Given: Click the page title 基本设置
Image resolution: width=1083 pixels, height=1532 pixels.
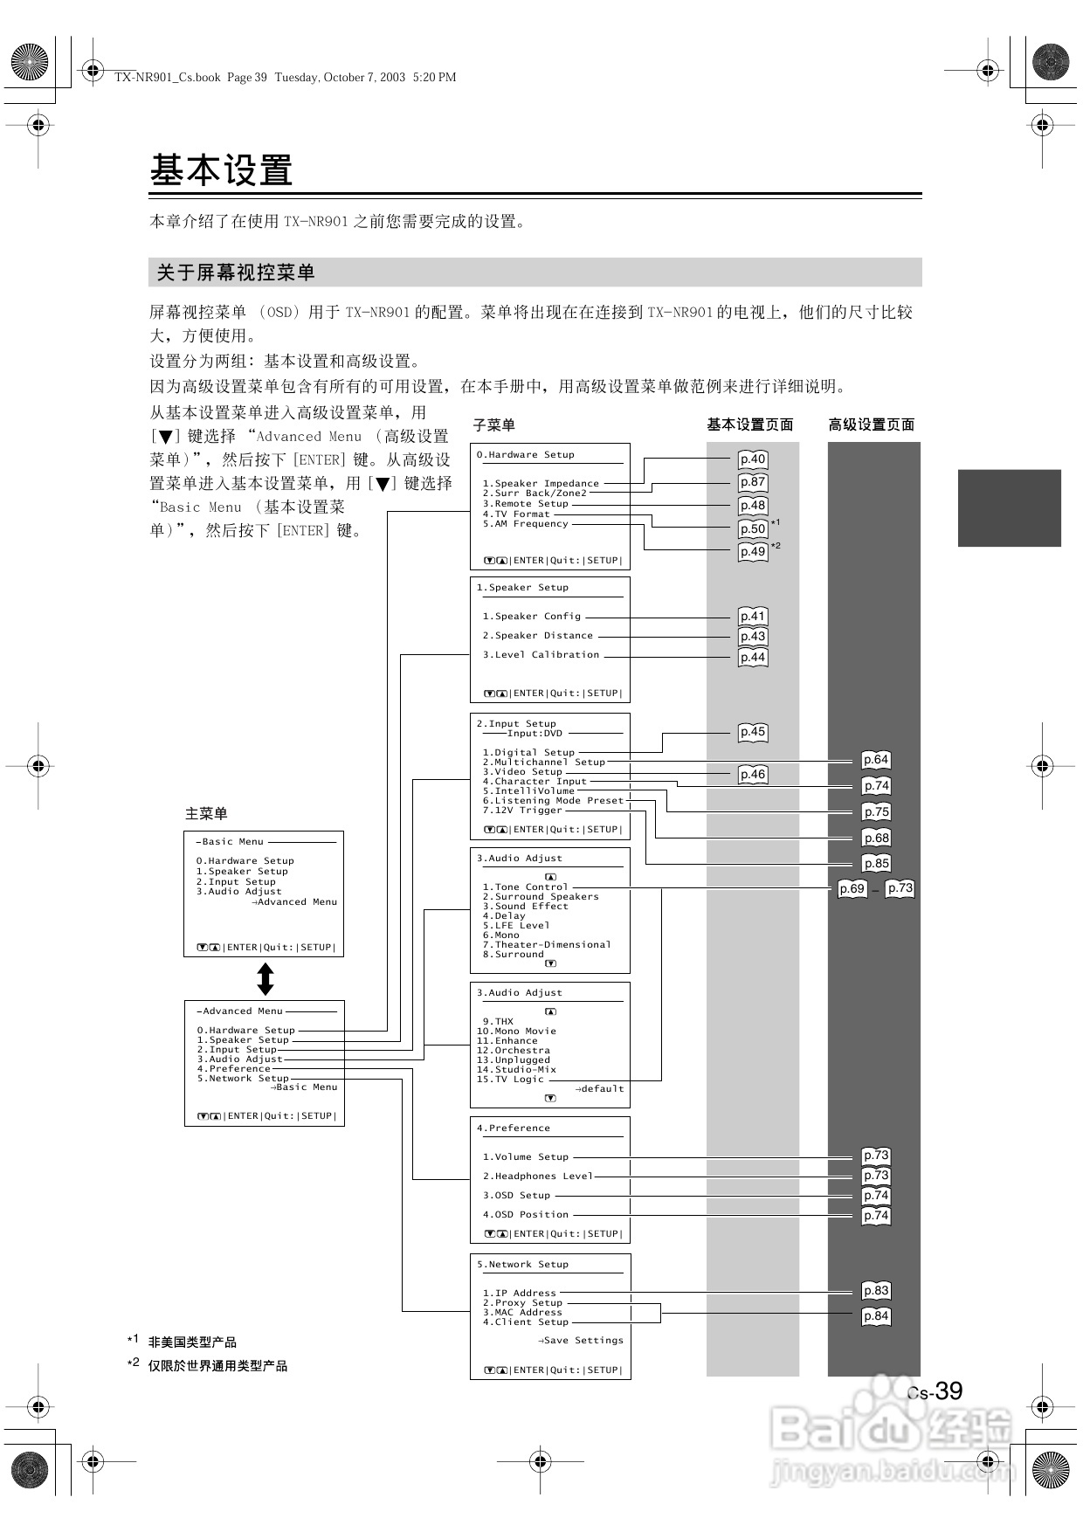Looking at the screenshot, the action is [221, 170].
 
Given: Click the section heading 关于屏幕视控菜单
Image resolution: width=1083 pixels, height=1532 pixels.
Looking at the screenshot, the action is [236, 273].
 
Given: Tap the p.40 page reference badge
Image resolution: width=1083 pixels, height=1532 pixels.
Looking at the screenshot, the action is [752, 459].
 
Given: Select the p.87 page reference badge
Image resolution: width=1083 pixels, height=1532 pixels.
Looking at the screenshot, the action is [752, 482].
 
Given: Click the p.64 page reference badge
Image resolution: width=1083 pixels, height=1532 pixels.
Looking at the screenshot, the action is [875, 760].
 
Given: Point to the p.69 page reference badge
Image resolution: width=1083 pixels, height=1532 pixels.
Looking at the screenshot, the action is [852, 889].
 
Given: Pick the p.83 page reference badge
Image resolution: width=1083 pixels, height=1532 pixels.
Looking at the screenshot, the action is [875, 1291].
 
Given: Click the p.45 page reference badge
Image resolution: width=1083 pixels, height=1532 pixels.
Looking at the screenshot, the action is [752, 732].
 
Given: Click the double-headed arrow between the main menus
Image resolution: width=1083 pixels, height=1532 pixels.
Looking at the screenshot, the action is [266, 979].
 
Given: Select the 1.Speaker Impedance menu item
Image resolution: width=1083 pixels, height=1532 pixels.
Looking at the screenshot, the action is [541, 483].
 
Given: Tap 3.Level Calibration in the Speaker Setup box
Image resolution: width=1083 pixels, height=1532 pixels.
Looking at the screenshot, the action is [541, 655].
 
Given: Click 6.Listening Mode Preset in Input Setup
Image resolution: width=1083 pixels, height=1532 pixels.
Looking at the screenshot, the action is [554, 801].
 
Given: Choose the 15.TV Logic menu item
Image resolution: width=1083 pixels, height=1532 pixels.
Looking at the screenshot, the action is [510, 1080].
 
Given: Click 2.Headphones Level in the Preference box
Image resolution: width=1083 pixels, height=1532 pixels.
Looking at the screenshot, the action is [538, 1177].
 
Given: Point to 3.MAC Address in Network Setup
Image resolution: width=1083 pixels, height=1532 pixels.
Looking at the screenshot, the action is [522, 1313].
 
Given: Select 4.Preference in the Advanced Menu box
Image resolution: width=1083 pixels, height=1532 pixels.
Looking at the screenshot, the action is [234, 1069].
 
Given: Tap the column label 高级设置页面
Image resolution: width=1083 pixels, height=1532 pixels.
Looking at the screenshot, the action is [871, 425].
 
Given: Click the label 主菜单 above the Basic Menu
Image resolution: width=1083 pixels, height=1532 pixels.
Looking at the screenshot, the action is [206, 814].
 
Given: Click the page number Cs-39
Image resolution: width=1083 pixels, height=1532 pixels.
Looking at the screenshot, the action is [935, 1391].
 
